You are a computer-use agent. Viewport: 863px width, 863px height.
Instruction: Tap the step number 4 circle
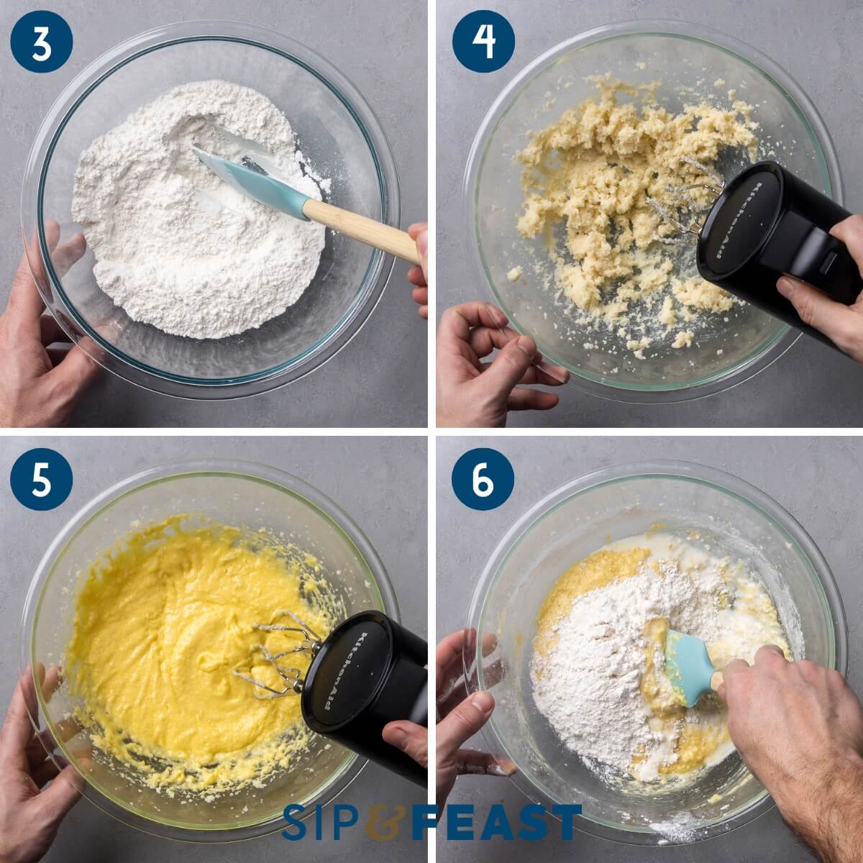click(483, 42)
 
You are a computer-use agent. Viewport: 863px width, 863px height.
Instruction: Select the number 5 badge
click(42, 480)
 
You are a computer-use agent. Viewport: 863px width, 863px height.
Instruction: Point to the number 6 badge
click(483, 480)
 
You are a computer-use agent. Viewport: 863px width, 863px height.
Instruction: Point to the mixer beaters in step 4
click(683, 205)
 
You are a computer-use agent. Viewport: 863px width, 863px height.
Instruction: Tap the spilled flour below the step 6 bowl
click(676, 827)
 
